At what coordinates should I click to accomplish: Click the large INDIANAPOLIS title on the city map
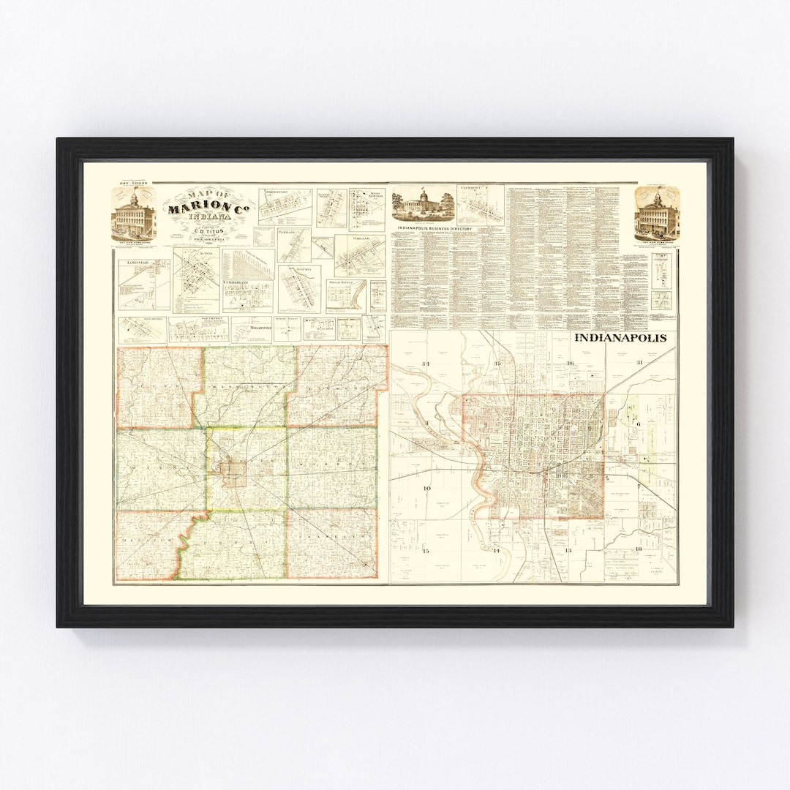coord(620,339)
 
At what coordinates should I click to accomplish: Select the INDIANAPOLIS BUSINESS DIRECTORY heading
coord(434,229)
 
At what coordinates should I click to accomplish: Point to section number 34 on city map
coord(426,364)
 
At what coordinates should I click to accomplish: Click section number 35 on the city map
coord(497,364)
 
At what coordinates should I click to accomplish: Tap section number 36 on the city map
coord(569,364)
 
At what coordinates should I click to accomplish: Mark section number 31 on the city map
coord(639,363)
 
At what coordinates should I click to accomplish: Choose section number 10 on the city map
coord(427,488)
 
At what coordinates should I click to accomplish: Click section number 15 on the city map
coord(425,550)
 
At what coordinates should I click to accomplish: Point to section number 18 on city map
coord(638,549)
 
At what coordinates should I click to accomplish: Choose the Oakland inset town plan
coord(360,255)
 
